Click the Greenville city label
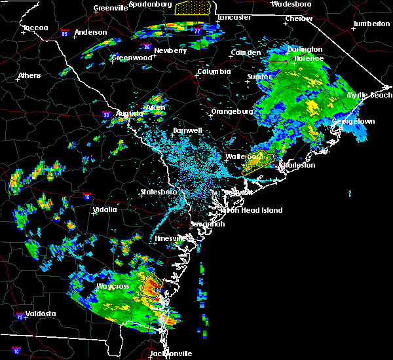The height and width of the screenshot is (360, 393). (x=110, y=8)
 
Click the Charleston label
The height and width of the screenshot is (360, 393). (x=297, y=165)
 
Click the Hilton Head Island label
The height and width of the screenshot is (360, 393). (x=253, y=210)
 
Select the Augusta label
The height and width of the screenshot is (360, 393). (x=129, y=113)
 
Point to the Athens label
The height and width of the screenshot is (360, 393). (x=29, y=75)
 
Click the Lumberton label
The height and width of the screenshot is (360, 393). (x=371, y=24)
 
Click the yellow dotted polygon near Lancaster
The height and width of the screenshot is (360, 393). (x=195, y=7)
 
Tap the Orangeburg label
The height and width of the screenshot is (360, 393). (x=232, y=111)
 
